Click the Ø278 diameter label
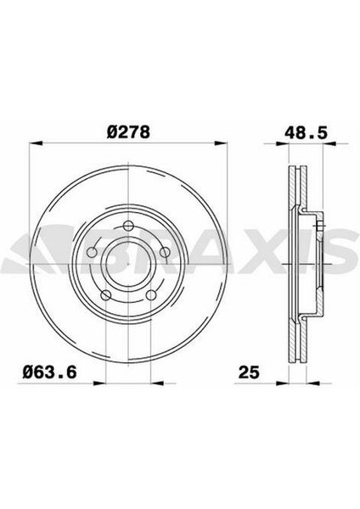[128, 132]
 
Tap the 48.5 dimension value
[306, 132]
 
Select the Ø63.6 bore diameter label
[49, 372]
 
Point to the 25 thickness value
[249, 372]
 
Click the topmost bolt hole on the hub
[129, 226]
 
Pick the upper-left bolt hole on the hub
[93, 252]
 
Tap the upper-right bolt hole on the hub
[166, 252]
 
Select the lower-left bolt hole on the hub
[107, 295]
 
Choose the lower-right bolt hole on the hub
[151, 295]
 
